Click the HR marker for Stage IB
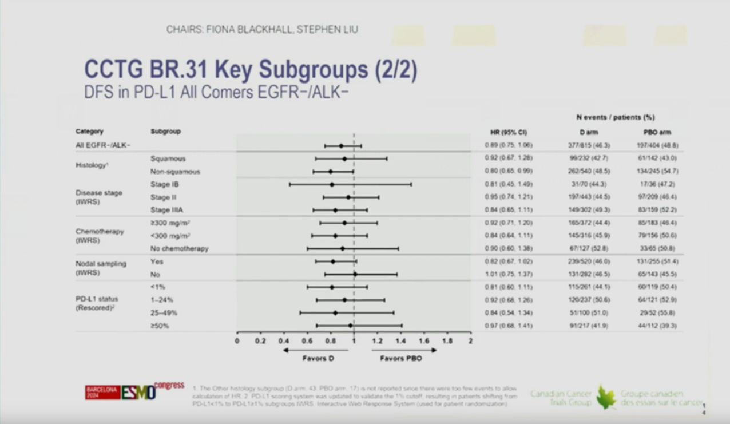pyautogui.click(x=332, y=184)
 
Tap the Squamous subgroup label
pyautogui.click(x=168, y=158)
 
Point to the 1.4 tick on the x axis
pyautogui.click(x=401, y=341)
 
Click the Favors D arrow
pyautogui.click(x=315, y=350)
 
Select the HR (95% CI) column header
pyautogui.click(x=509, y=132)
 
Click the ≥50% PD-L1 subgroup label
pyautogui.click(x=160, y=326)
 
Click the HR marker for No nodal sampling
pyautogui.click(x=355, y=274)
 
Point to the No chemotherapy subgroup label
pyautogui.click(x=179, y=249)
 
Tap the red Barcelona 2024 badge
pyautogui.click(x=102, y=392)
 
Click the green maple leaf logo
pyautogui.click(x=606, y=397)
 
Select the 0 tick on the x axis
pyautogui.click(x=237, y=341)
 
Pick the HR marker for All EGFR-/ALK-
pyautogui.click(x=341, y=146)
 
